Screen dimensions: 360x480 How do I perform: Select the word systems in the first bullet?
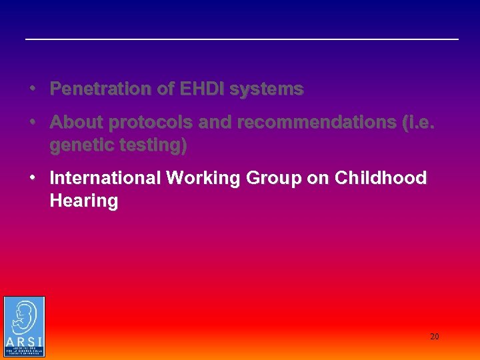click(x=267, y=89)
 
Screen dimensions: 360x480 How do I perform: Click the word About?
click(x=76, y=123)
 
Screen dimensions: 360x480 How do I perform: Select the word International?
click(x=105, y=178)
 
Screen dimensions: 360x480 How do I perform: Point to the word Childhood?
click(x=381, y=178)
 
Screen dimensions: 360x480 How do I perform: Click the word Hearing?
click(x=83, y=201)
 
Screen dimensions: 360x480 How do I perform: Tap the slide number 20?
click(x=434, y=337)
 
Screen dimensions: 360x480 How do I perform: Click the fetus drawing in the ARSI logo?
click(x=24, y=317)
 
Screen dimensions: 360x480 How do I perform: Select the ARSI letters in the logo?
click(x=24, y=341)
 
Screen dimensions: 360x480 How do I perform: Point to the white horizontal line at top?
click(x=242, y=39)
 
